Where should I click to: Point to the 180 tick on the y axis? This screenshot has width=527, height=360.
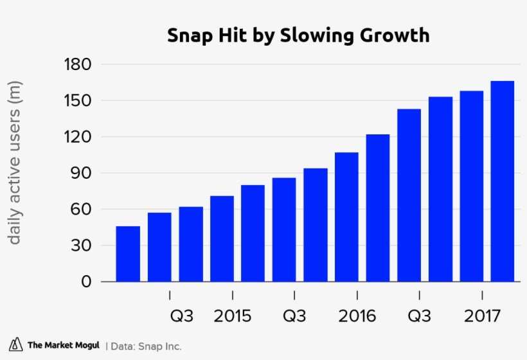click(78, 64)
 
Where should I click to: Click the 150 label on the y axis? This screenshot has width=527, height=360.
click(78, 101)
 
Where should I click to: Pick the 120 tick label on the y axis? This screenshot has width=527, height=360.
click(78, 137)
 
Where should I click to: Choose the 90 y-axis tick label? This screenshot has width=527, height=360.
click(82, 173)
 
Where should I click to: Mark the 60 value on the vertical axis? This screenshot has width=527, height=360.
click(82, 210)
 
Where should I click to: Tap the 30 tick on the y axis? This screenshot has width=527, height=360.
click(82, 246)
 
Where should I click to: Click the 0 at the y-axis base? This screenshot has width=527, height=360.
click(87, 282)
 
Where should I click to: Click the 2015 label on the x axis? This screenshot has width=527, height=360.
click(232, 316)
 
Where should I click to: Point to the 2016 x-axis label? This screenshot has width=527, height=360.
click(357, 316)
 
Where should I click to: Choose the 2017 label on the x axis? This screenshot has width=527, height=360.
click(482, 316)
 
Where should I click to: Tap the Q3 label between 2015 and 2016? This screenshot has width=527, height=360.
click(294, 316)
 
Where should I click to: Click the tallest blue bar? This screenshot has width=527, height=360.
click(502, 181)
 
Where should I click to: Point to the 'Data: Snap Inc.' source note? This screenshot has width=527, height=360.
click(146, 346)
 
